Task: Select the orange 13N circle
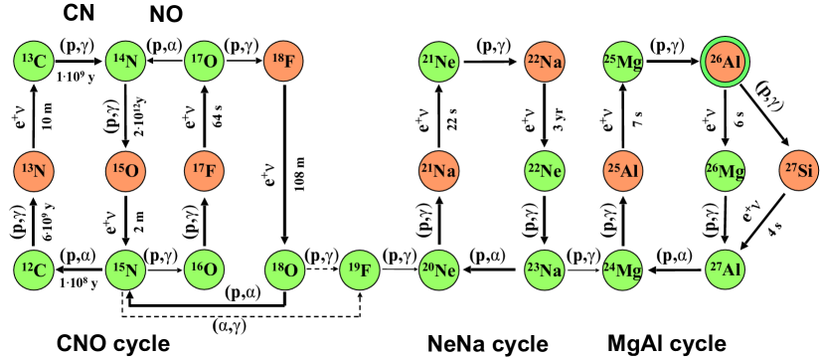[34, 171]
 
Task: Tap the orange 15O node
[125, 171]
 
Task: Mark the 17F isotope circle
[205, 171]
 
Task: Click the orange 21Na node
[438, 171]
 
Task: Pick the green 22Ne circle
[545, 171]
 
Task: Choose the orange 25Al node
[623, 171]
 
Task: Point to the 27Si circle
[799, 170]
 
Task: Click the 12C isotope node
[34, 270]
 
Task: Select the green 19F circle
[360, 270]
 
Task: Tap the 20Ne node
[438, 270]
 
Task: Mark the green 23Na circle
[545, 270]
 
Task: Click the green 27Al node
[725, 270]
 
